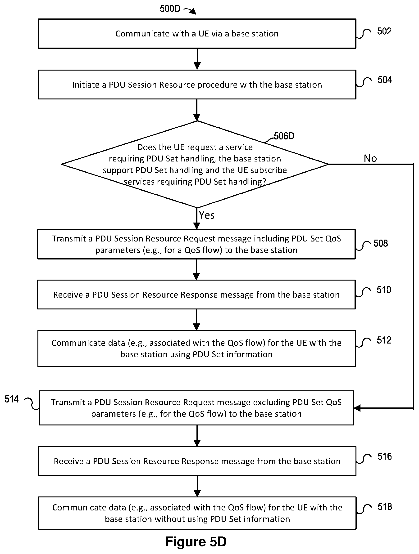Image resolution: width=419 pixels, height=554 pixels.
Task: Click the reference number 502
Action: [x=384, y=31]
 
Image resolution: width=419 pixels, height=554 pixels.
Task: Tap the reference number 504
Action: [x=385, y=80]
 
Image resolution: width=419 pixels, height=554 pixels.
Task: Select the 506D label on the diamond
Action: [x=284, y=136]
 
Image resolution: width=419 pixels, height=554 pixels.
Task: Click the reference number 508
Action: [x=381, y=243]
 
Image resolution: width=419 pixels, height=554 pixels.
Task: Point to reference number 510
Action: [x=384, y=290]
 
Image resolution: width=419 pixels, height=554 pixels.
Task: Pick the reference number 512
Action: [x=384, y=340]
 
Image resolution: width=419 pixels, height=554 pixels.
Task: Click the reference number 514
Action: [x=12, y=399]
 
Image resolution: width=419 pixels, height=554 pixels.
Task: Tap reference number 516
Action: [x=385, y=456]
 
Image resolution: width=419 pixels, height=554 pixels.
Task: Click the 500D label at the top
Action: [x=170, y=9]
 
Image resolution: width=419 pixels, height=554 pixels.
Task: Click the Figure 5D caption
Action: [x=196, y=541]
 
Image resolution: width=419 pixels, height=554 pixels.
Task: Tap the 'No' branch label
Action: [x=370, y=158]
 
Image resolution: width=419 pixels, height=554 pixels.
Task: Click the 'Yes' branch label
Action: [x=207, y=215]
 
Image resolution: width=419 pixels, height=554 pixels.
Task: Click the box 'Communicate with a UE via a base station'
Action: [x=197, y=34]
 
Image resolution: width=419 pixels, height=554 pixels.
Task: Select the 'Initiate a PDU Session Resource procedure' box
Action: [x=197, y=85]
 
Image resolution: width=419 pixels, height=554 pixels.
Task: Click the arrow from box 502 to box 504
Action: [x=197, y=59]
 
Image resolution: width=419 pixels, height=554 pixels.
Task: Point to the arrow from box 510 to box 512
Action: [x=197, y=320]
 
